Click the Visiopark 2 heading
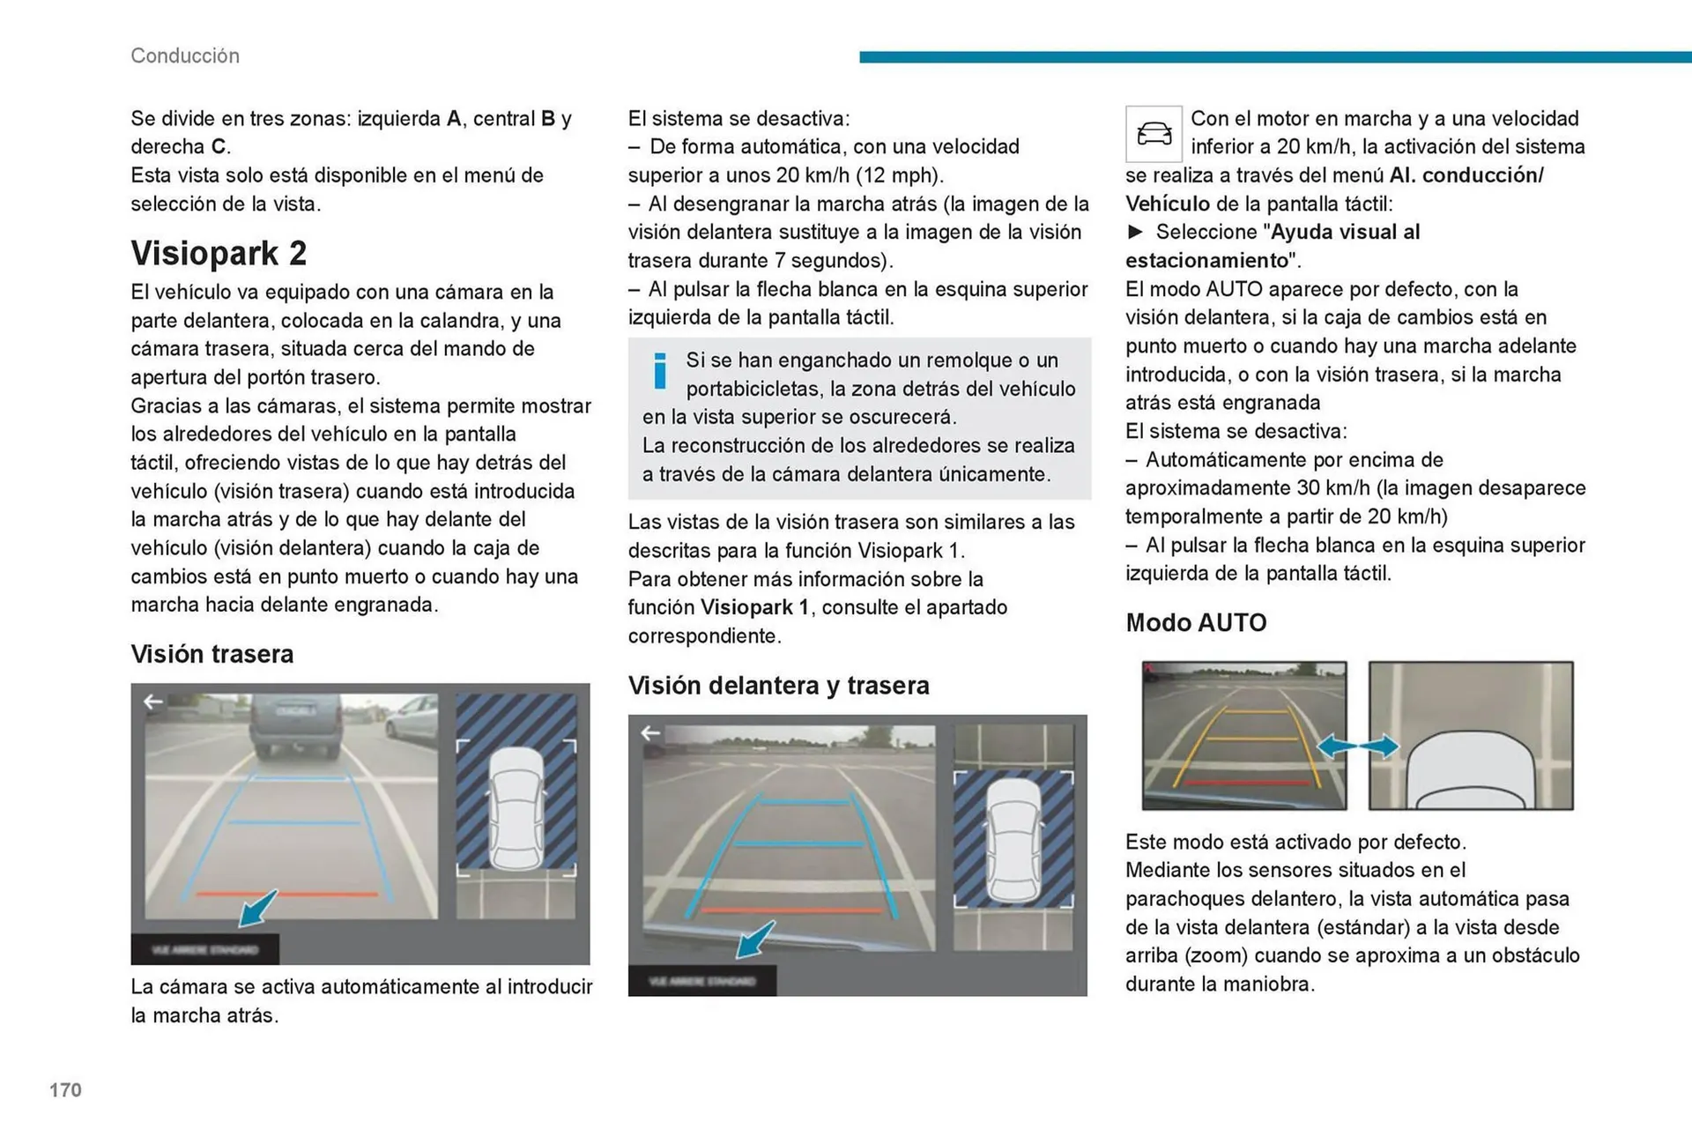click(219, 254)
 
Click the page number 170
click(65, 1090)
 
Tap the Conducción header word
click(185, 56)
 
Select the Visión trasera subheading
click(211, 654)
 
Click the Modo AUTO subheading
click(1195, 623)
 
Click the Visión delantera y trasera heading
click(778, 686)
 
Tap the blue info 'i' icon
click(659, 371)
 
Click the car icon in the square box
click(1154, 134)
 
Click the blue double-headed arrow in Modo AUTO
click(1357, 746)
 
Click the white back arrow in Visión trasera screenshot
click(153, 702)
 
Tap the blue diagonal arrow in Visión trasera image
click(258, 908)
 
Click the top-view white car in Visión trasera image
click(516, 808)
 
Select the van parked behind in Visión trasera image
click(294, 724)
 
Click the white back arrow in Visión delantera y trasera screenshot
click(650, 733)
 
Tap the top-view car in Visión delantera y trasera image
click(1013, 842)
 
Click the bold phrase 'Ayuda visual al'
click(1345, 233)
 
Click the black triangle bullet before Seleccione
click(1135, 232)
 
